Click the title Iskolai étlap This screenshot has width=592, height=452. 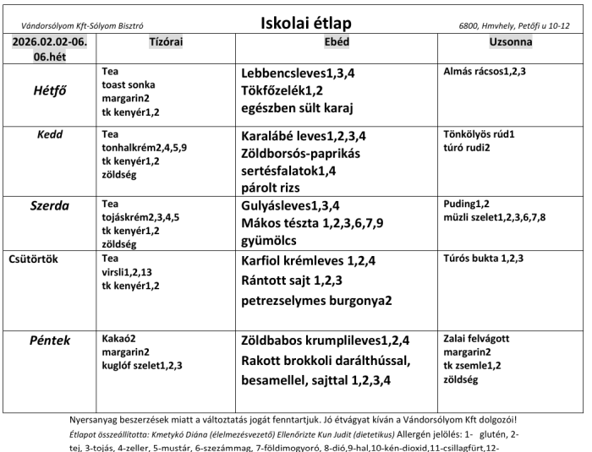point(305,23)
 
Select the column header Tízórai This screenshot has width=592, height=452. point(167,41)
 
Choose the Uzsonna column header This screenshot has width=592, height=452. point(511,41)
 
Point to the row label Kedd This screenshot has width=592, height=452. point(50,134)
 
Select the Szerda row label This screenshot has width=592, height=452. point(50,207)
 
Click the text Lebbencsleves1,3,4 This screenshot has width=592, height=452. point(298,74)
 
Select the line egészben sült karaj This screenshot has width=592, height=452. point(298,107)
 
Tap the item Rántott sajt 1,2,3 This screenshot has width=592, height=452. point(293,280)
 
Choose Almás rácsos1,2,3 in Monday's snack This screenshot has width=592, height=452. point(485,72)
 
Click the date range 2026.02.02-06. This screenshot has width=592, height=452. point(50,41)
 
